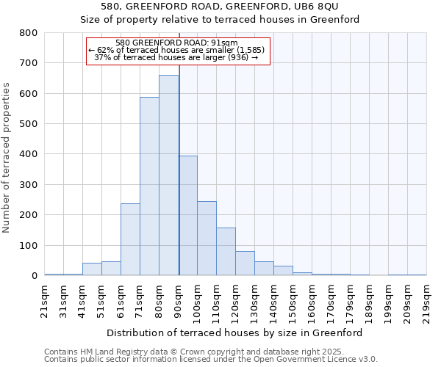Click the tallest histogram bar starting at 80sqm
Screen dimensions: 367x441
[x=168, y=175]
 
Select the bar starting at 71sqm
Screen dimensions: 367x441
[x=149, y=186]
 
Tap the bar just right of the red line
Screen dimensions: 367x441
[x=188, y=216]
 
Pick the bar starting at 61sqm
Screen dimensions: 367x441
[x=130, y=239]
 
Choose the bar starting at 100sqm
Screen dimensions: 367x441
[x=207, y=239]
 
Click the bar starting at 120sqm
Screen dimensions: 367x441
[x=245, y=264]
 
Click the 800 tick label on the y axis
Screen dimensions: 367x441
[x=29, y=33]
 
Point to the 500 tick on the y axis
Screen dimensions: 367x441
[x=29, y=124]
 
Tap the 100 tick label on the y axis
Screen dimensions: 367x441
[x=29, y=246]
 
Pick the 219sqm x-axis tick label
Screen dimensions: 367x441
[x=426, y=301]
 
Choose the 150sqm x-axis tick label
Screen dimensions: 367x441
[x=293, y=301]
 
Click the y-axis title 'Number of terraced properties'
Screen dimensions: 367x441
[x=7, y=157]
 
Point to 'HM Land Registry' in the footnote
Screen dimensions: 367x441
[x=97, y=352]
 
